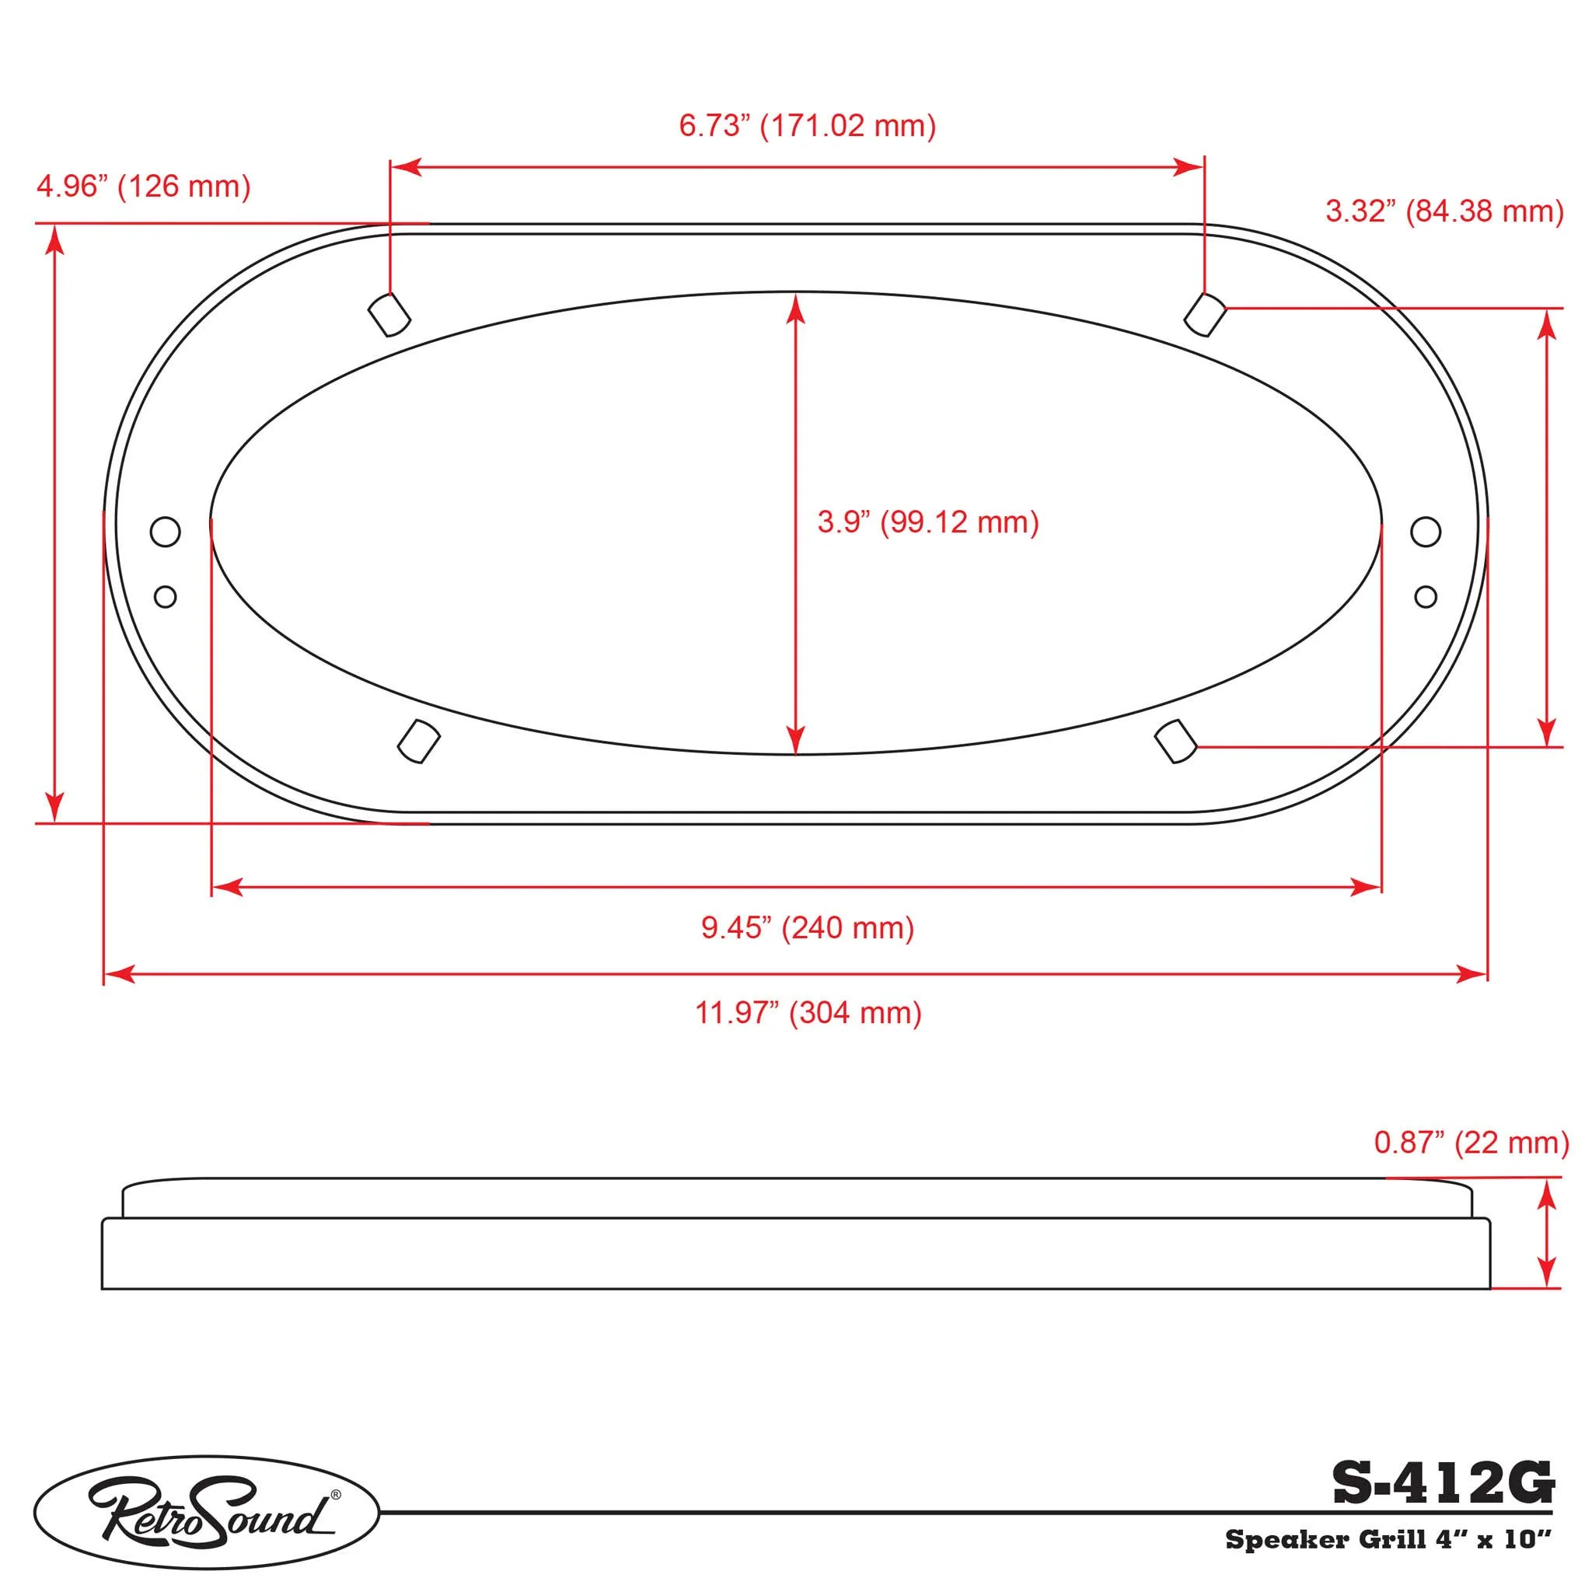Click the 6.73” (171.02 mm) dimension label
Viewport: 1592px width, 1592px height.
coord(808,126)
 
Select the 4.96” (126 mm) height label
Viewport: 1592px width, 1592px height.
coord(143,187)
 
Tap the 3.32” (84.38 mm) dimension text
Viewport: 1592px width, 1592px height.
coord(1444,211)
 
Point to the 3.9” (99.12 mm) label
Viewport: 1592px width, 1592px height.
coord(928,522)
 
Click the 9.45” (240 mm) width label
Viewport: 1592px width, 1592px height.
coord(808,928)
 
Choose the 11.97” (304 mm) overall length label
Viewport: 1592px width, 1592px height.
coord(808,1013)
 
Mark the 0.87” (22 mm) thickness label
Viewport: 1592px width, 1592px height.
coord(1472,1143)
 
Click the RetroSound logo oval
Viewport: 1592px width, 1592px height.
coord(206,1512)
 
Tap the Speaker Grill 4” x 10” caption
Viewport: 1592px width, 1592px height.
coord(1389,1539)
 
